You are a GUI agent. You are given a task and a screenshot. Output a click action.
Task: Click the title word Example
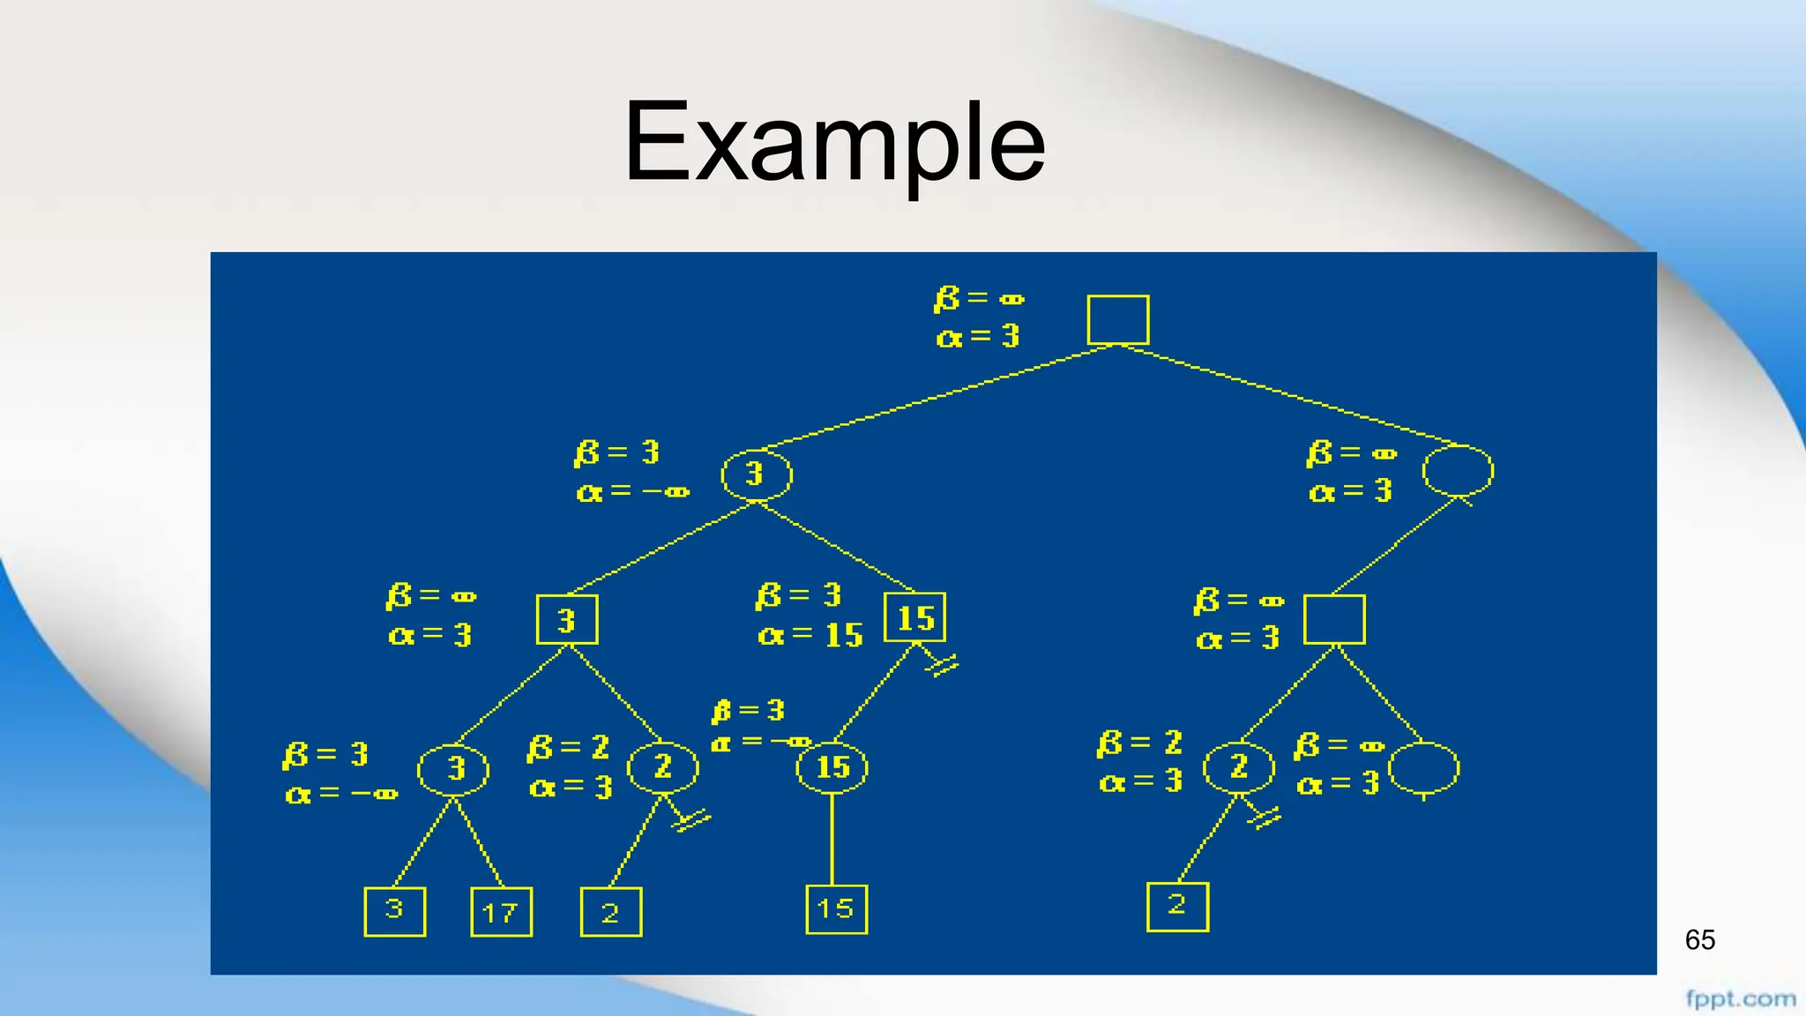pyautogui.click(x=834, y=143)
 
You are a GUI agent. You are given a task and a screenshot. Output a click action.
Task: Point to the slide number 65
pyautogui.click(x=1699, y=940)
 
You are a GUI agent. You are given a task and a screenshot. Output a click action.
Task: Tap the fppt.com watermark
pyautogui.click(x=1740, y=999)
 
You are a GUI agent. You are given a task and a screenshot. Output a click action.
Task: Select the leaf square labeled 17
pyautogui.click(x=502, y=912)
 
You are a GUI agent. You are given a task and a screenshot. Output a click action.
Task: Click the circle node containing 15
pyautogui.click(x=832, y=767)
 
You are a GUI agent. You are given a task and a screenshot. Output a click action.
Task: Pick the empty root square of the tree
pyautogui.click(x=1118, y=319)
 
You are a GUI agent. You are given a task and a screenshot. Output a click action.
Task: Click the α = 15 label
pyautogui.click(x=810, y=635)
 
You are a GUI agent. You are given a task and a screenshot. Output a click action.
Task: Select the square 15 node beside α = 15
pyautogui.click(x=914, y=617)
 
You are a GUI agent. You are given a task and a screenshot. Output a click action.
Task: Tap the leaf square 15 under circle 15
pyautogui.click(x=836, y=909)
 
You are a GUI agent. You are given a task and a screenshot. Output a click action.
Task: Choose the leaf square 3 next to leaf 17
pyautogui.click(x=394, y=911)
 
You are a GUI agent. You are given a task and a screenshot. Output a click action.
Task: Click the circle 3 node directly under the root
pyautogui.click(x=756, y=474)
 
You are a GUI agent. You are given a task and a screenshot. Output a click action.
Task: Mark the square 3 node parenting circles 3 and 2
pyautogui.click(x=567, y=619)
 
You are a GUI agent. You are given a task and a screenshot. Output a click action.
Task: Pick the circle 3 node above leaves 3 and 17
pyautogui.click(x=453, y=769)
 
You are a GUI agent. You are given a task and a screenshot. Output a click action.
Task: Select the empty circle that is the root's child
pyautogui.click(x=1458, y=470)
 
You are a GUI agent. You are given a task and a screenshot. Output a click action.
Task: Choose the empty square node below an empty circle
pyautogui.click(x=1334, y=619)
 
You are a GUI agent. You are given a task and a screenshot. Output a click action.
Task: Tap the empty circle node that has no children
pyautogui.click(x=1423, y=768)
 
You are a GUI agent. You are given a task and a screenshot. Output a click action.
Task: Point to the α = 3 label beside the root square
pyautogui.click(x=978, y=337)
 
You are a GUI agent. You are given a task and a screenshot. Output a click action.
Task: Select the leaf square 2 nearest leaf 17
pyautogui.click(x=610, y=912)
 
